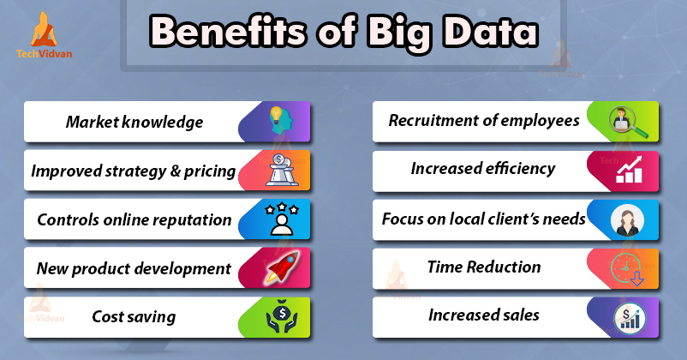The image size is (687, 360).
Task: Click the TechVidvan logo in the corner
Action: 44,35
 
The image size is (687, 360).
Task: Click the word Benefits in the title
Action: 228,32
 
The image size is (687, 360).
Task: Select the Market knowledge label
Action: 134,122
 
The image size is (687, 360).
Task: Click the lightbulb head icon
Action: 280,121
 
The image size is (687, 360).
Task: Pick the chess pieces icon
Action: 281,170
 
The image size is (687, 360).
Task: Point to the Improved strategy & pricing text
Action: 134,171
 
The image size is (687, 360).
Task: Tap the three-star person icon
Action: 282,219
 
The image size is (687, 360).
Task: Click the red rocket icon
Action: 282,267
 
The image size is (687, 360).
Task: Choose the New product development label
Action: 134,268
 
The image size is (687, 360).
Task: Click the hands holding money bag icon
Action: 282,317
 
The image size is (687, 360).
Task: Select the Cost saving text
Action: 134,316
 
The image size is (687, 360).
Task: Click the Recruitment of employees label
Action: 484,121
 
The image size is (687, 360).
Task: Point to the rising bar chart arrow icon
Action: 629,170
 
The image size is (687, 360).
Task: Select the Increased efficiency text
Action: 483,168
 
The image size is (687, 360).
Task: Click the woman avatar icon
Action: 627,220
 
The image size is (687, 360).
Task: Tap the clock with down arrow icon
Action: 626,268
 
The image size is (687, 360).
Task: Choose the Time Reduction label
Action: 484,267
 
